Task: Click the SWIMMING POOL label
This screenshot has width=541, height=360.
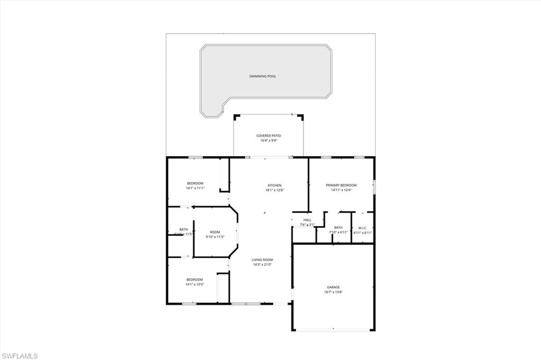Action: pyautogui.click(x=263, y=77)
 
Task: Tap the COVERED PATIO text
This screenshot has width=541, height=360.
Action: pyautogui.click(x=269, y=136)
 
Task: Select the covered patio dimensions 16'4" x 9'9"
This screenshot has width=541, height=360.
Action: pyautogui.click(x=269, y=141)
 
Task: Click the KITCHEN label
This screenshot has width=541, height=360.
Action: pyautogui.click(x=275, y=185)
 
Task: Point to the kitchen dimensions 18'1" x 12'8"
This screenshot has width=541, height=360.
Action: pyautogui.click(x=275, y=190)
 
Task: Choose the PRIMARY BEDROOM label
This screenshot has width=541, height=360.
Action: pyautogui.click(x=341, y=185)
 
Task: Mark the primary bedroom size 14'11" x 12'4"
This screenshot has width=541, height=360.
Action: pyautogui.click(x=341, y=190)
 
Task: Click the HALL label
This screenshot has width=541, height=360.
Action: pyautogui.click(x=307, y=220)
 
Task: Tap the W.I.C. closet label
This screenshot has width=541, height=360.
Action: pyautogui.click(x=362, y=228)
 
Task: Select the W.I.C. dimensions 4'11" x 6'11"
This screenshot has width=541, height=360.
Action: pyautogui.click(x=362, y=233)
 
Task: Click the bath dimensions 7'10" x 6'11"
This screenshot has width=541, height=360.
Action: pyautogui.click(x=338, y=233)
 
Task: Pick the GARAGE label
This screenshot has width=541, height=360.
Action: pyautogui.click(x=333, y=287)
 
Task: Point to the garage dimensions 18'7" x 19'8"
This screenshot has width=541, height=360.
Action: pyautogui.click(x=333, y=292)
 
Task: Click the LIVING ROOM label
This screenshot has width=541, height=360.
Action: pyautogui.click(x=262, y=259)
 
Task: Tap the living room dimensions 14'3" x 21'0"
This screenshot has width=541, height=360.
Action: pyautogui.click(x=262, y=264)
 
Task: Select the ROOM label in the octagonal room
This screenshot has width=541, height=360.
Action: pyautogui.click(x=215, y=232)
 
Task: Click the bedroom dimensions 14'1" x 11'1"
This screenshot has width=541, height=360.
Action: pyautogui.click(x=194, y=188)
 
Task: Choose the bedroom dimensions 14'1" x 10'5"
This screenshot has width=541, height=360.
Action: pyautogui.click(x=194, y=285)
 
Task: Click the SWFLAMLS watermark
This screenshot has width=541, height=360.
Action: pyautogui.click(x=20, y=356)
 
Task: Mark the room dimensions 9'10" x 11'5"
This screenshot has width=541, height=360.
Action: pyautogui.click(x=215, y=237)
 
